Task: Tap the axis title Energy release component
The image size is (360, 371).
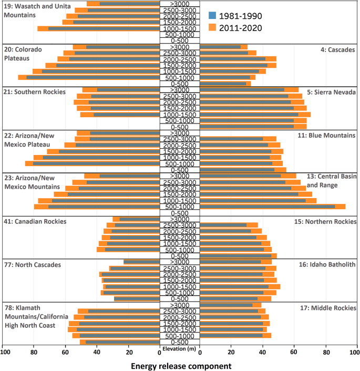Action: pyautogui.click(x=180, y=364)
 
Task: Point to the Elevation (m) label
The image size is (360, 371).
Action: pyautogui.click(x=180, y=348)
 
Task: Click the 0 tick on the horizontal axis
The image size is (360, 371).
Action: pyautogui.click(x=159, y=353)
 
